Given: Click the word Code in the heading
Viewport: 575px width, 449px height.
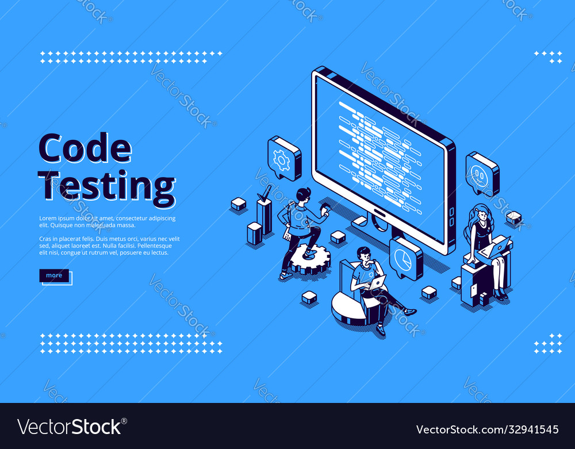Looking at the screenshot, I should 85,149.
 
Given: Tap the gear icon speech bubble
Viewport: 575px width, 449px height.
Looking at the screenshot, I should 283,158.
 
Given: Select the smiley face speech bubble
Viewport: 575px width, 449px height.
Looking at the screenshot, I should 481,173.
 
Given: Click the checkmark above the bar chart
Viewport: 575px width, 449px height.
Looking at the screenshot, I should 264,194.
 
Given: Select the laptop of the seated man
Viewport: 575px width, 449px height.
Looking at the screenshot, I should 376,283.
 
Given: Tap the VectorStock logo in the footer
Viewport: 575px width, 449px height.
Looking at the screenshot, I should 70,427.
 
